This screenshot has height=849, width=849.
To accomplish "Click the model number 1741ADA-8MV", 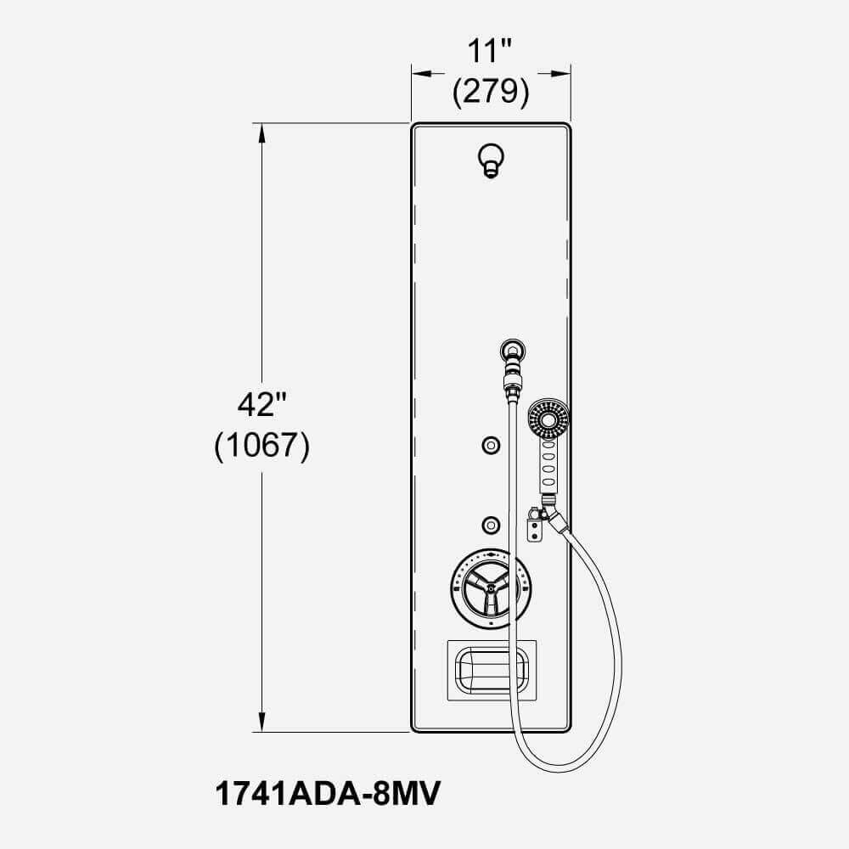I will point(327,796).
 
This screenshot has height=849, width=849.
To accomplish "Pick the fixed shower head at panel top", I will point(491,159).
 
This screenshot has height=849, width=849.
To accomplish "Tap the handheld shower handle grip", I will point(548,467).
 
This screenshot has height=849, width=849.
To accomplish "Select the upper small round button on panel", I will point(490,444).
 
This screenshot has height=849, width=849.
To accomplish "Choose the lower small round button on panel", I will point(490,524).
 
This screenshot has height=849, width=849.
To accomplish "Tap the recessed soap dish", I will point(492,670).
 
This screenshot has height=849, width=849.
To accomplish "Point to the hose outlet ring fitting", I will point(512,349).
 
